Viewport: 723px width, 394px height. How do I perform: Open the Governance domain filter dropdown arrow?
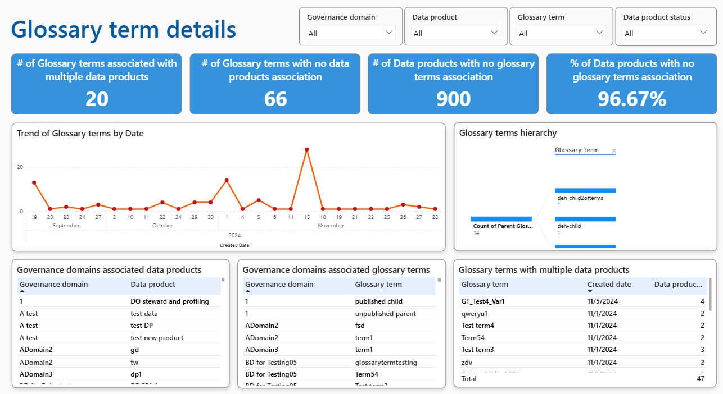[x=389, y=33]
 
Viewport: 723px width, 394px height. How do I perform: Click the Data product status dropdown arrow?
[x=704, y=33]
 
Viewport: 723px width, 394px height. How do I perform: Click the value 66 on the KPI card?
[x=275, y=99]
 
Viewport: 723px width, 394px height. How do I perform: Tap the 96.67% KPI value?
[x=632, y=99]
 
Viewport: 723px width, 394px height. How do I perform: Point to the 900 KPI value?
[x=453, y=99]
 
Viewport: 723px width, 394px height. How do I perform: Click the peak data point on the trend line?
[x=307, y=150]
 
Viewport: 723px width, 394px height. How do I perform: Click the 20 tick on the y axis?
[x=20, y=167]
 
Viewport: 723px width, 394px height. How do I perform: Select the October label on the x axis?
[x=162, y=226]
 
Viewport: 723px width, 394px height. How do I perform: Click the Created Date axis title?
[x=234, y=245]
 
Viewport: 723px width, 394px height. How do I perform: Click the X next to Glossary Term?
[x=614, y=150]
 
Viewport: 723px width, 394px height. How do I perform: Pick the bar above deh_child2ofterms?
[x=585, y=190]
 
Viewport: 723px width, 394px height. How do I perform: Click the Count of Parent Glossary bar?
[x=501, y=218]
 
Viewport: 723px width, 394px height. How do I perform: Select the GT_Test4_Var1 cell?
[x=483, y=301]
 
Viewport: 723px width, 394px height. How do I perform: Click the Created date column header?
[x=609, y=285]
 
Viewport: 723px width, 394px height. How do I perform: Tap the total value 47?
[x=700, y=379]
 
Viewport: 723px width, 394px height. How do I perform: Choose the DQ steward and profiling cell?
[x=169, y=301]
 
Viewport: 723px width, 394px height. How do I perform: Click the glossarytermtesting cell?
[x=386, y=362]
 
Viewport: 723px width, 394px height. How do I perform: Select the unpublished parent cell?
[x=385, y=313]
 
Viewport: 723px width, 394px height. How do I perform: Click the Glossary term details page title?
[x=124, y=29]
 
